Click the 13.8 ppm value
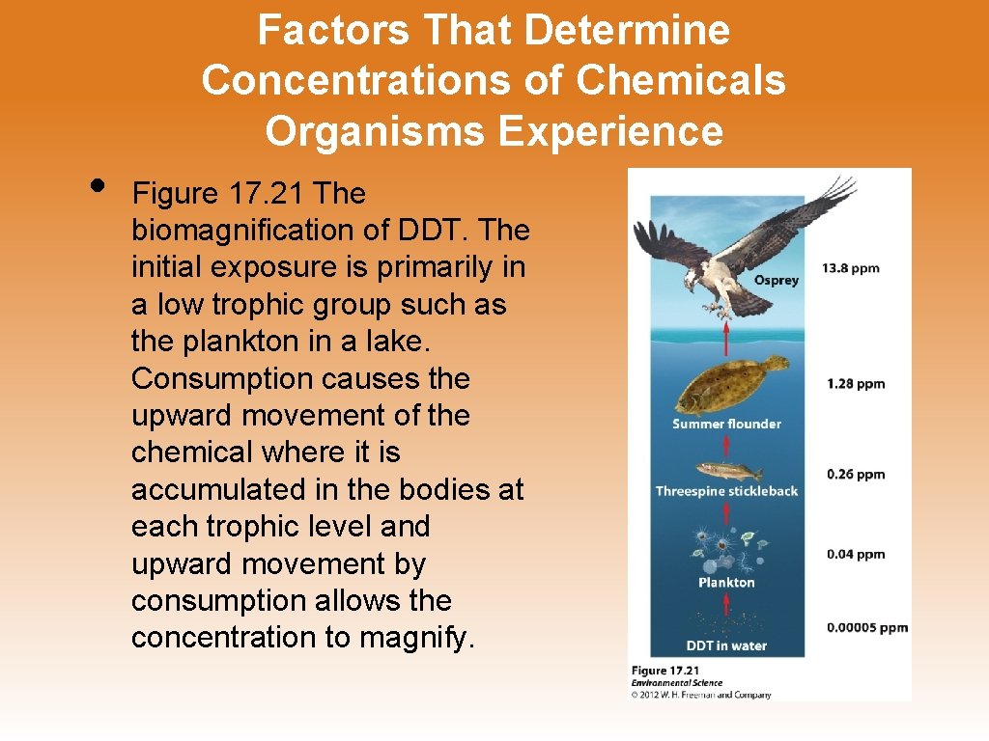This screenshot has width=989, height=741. coord(851,267)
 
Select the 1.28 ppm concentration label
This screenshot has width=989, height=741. coord(855,383)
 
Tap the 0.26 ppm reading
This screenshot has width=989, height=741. coord(855,474)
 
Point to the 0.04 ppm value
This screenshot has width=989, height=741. coord(855,554)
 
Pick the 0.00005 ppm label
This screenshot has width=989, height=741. coord(866,627)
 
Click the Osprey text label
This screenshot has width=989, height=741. coord(777,281)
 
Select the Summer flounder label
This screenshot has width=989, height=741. coord(726,424)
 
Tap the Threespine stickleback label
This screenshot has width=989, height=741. coord(726,491)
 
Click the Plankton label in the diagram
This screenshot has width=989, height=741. coord(726,582)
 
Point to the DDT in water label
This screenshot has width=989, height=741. coord(726,645)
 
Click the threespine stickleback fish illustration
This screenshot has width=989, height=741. coord(727,470)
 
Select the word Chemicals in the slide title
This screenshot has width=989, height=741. coord(681,80)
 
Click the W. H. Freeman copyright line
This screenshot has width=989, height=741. coord(700,695)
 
